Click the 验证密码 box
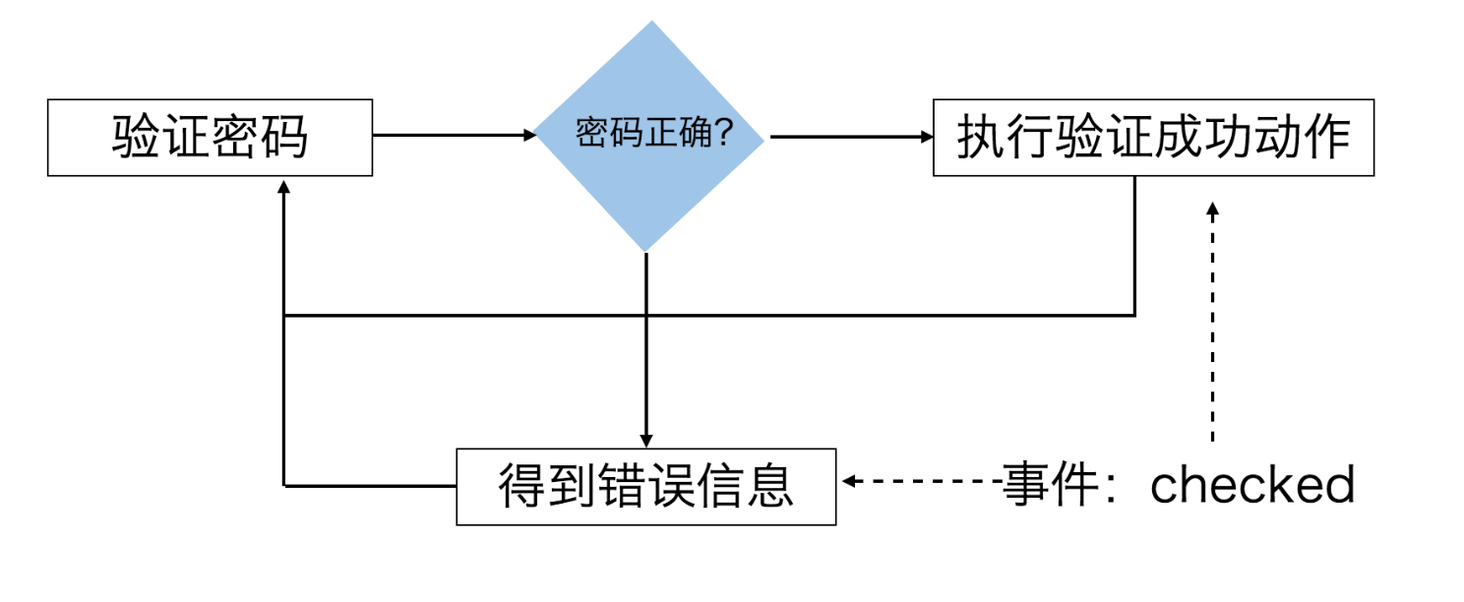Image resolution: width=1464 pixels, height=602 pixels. tap(210, 138)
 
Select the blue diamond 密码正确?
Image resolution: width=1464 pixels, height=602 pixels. tap(649, 136)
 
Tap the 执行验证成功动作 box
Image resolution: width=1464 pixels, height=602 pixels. tap(1152, 138)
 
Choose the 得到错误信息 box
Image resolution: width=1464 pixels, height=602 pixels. tap(645, 486)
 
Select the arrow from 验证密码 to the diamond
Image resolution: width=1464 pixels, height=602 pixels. tap(453, 136)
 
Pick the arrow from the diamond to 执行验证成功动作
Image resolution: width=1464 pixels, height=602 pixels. tap(851, 138)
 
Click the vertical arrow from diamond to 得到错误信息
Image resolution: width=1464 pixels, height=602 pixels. tap(646, 344)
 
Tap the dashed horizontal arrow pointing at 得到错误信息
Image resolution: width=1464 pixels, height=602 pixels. tap(920, 481)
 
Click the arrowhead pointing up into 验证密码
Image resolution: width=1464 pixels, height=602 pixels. tap(283, 187)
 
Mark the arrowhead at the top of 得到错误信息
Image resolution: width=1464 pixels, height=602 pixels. tap(646, 440)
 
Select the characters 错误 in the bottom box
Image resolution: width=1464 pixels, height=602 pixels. tap(621, 486)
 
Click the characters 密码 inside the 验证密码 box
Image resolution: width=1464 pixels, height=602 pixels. tap(259, 138)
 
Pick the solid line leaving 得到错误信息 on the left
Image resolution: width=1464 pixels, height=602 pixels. tap(369, 485)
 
